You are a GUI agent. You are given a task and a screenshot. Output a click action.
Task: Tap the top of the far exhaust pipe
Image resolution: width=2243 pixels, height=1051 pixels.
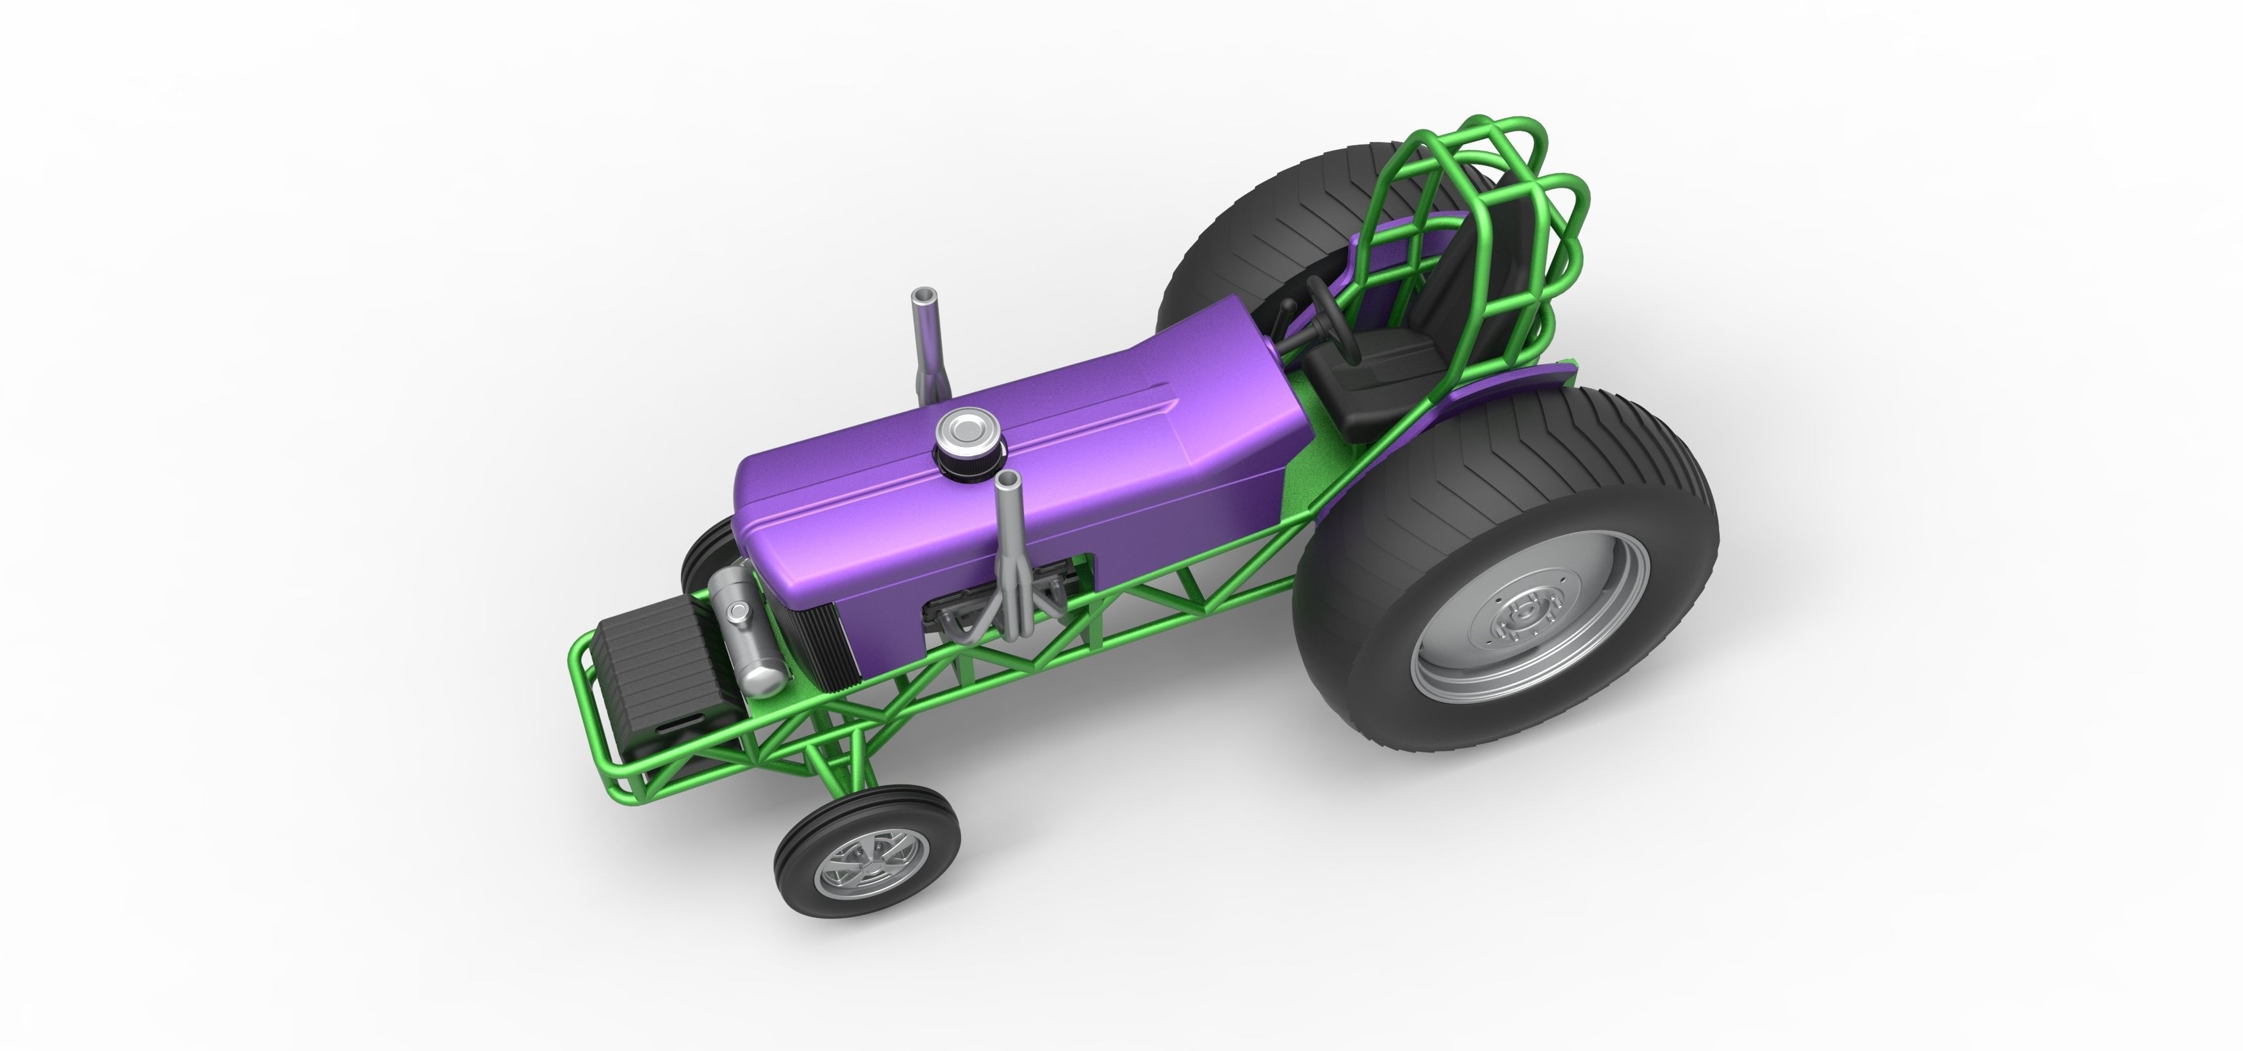(921, 297)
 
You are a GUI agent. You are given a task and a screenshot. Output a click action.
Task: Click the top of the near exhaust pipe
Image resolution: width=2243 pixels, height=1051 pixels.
(1010, 480)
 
